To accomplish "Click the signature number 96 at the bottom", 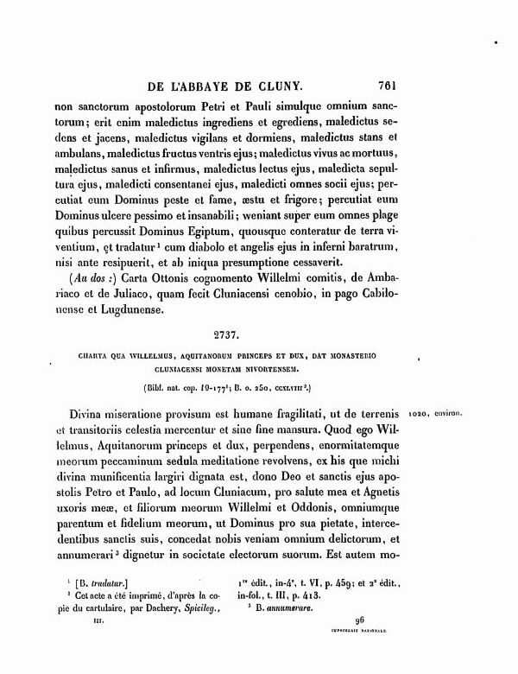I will [360, 620].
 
